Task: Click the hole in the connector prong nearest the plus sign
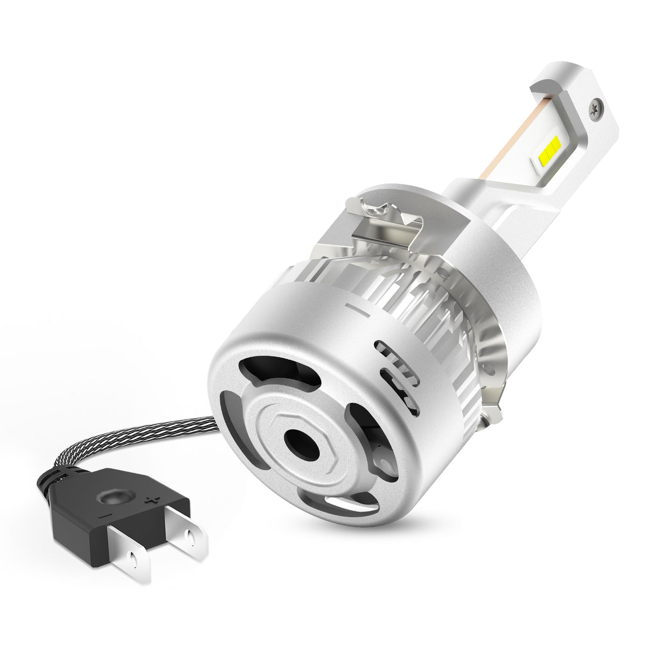(190, 537)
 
